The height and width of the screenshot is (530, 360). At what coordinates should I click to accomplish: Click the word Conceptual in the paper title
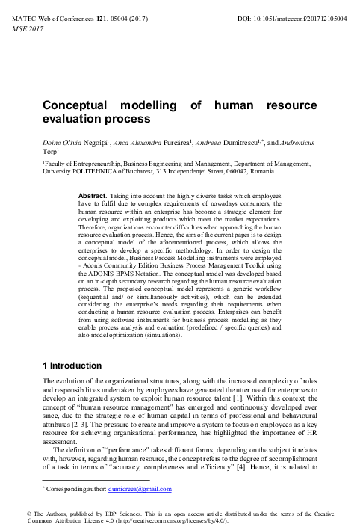click(x=78, y=106)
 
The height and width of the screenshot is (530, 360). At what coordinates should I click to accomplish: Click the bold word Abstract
click(x=93, y=194)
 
